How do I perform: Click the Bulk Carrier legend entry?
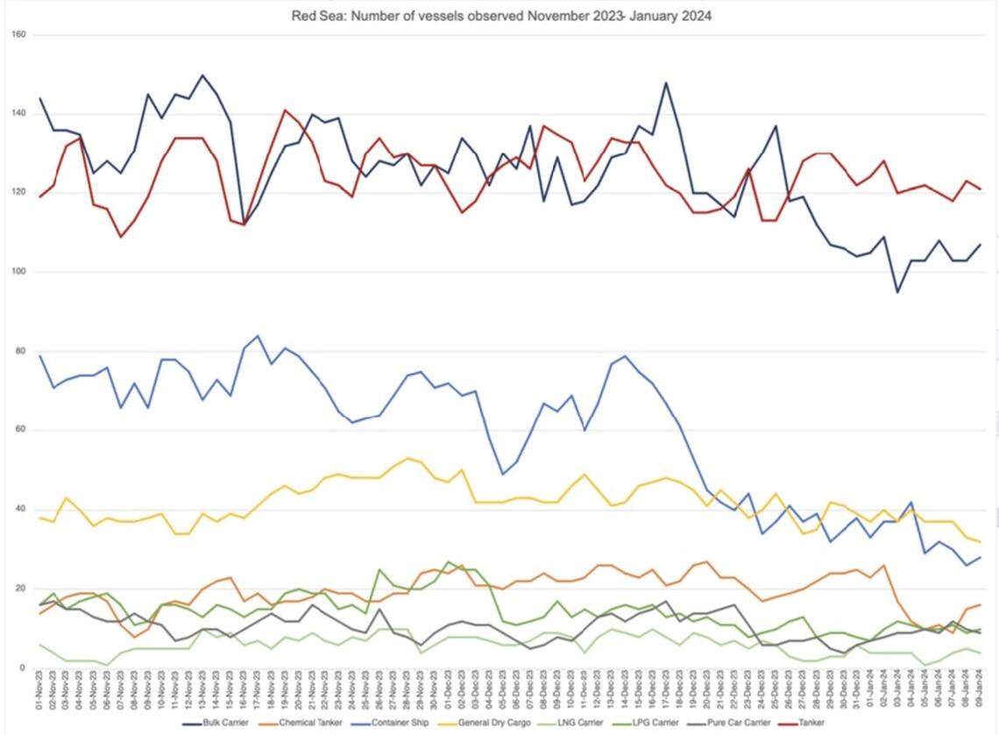click(220, 724)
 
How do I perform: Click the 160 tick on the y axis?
click(19, 35)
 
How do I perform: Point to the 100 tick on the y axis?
click(19, 272)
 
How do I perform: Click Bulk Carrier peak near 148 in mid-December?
click(666, 82)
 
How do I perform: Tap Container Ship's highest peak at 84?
click(258, 336)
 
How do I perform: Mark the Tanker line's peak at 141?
click(285, 111)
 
